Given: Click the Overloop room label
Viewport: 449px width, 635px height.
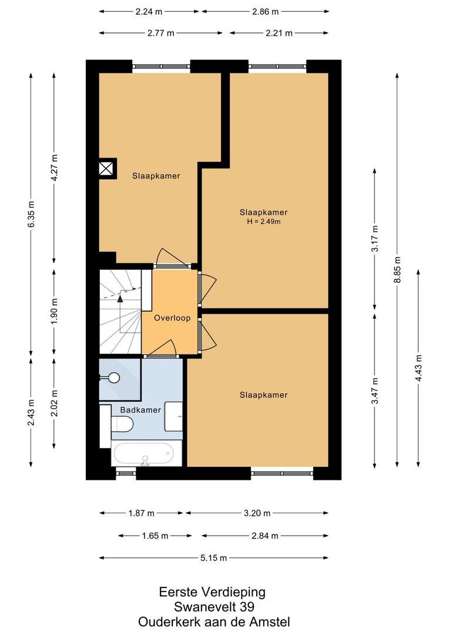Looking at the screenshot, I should point(172,317).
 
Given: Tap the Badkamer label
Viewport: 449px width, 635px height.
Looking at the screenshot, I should point(140,410).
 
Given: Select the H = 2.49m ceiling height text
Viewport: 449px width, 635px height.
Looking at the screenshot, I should point(263,222).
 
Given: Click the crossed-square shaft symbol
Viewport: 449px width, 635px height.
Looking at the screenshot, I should point(106,168).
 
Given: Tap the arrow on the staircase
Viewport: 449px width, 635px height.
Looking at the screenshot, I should point(120,299).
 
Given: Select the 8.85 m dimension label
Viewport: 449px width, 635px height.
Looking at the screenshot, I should point(398,270).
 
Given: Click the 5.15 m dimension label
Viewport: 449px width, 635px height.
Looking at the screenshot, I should point(214,558).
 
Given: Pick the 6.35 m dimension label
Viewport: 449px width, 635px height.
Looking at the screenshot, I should point(31,214).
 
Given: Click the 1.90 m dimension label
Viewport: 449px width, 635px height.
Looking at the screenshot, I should point(54,313).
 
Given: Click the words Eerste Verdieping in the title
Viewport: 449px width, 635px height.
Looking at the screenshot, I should point(213,591).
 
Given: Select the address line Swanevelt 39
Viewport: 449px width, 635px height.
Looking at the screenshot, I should point(214,607).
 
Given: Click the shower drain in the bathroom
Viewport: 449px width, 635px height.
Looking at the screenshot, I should point(114,377).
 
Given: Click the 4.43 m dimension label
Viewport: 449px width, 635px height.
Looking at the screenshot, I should point(418,368).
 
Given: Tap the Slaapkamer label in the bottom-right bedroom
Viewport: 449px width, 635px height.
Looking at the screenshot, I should point(263,395).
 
